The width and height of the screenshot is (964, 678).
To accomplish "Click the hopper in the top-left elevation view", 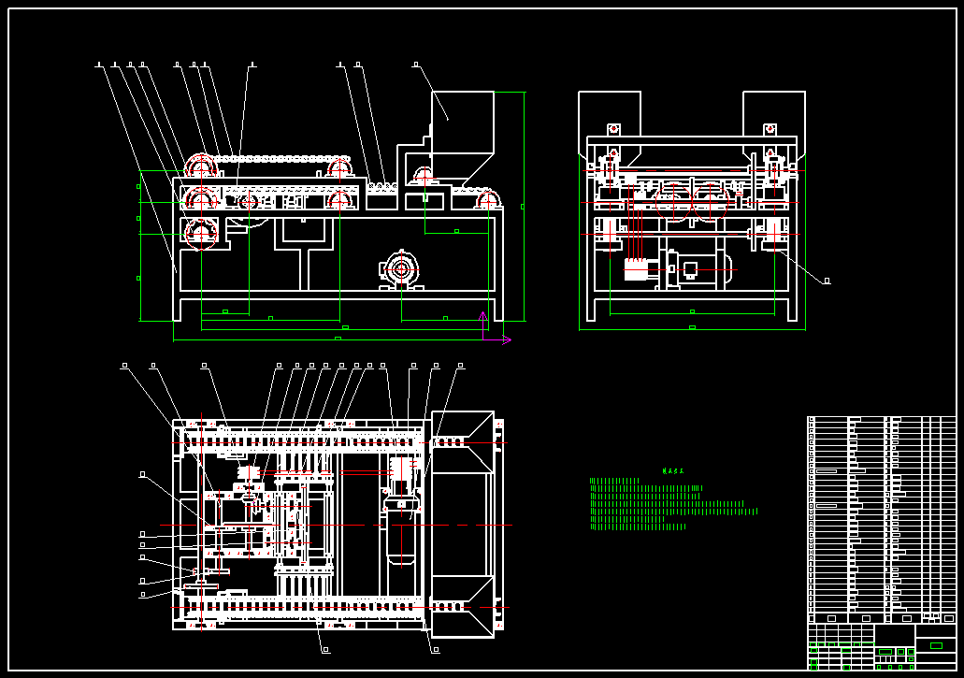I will click(462, 122).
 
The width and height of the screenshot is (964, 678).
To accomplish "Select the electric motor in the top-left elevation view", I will click(401, 269).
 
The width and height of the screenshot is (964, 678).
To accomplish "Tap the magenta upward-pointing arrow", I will click(482, 324).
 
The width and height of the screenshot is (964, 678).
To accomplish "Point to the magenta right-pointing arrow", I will click(506, 339).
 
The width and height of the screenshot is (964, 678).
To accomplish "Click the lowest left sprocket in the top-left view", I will click(201, 233).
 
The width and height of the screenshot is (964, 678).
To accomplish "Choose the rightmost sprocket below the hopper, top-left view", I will click(487, 200).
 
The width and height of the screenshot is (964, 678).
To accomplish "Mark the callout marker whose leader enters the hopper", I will click(415, 65).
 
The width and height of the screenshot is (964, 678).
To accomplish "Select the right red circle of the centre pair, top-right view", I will click(710, 201).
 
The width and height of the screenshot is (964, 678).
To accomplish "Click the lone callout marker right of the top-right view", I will click(827, 281).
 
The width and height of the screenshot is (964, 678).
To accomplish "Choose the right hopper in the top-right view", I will click(773, 117).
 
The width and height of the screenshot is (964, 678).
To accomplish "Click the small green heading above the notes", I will click(673, 471).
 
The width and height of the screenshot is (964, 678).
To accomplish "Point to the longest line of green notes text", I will click(673, 512).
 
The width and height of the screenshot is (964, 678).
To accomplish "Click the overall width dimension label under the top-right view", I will click(692, 327).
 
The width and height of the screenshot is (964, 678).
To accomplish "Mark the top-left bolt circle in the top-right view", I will click(614, 129).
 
